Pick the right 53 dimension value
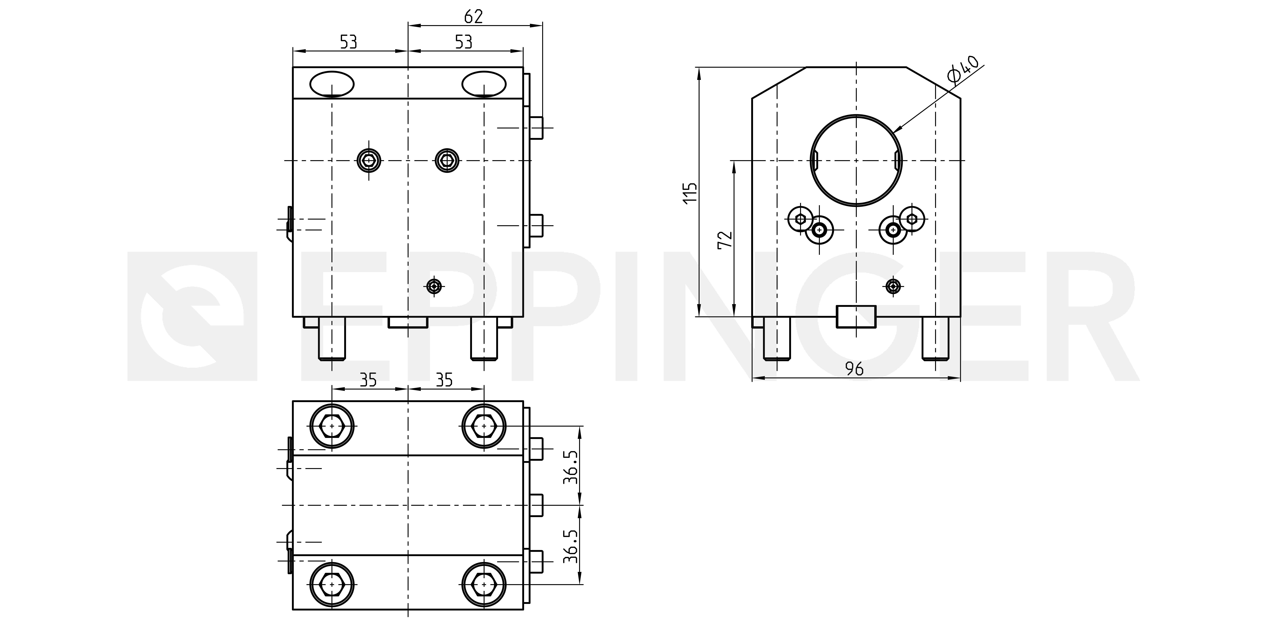click(463, 42)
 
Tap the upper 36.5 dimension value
click(570, 466)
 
